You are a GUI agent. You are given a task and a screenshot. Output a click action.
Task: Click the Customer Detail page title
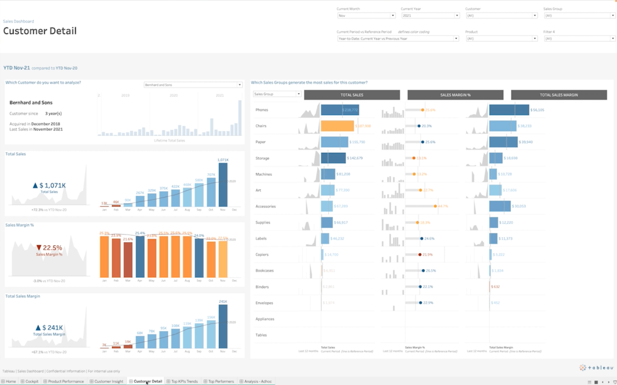(x=40, y=31)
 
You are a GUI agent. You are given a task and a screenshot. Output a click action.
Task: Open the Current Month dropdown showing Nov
(x=366, y=16)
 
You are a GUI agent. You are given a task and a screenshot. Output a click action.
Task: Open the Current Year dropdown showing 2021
(x=430, y=16)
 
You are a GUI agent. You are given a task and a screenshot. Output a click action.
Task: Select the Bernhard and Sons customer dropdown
(x=193, y=85)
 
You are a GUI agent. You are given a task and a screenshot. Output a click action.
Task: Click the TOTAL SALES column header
(x=352, y=95)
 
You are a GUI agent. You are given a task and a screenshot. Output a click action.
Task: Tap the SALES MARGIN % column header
(x=455, y=95)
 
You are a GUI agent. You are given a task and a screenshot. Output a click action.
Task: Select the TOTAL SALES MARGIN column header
(x=559, y=95)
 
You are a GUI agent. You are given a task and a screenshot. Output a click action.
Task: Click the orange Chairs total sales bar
(x=337, y=126)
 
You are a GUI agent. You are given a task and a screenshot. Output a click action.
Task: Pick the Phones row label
(x=261, y=110)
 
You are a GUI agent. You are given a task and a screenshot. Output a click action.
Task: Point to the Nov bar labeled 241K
(x=223, y=326)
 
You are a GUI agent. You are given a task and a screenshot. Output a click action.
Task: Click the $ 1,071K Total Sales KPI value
(x=50, y=185)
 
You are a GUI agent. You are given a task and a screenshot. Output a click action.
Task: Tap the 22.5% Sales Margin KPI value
(x=50, y=248)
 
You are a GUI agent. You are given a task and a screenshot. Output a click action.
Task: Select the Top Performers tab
(x=221, y=382)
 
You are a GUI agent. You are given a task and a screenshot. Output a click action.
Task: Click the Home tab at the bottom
(x=11, y=382)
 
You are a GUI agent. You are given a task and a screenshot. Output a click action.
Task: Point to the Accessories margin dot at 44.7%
(x=435, y=206)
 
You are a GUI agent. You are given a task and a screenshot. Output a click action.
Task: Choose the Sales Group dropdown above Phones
(x=277, y=94)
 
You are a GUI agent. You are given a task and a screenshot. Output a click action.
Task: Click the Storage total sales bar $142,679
(x=333, y=158)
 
